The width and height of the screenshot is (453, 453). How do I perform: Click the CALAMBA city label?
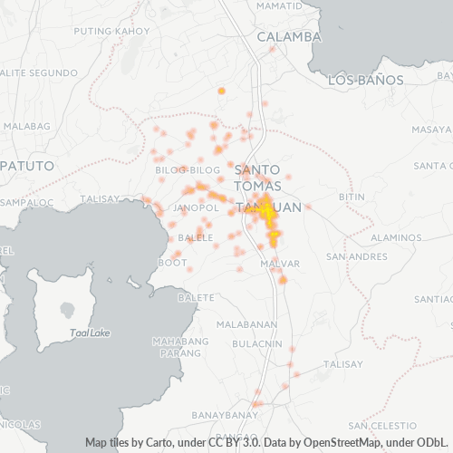click(289, 37)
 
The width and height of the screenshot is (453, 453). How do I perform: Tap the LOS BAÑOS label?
click(365, 80)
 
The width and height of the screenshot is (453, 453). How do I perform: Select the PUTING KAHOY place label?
click(111, 31)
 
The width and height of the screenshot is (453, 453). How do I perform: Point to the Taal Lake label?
click(90, 333)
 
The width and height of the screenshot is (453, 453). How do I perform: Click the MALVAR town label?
click(279, 263)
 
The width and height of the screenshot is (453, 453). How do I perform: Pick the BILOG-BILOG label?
click(188, 169)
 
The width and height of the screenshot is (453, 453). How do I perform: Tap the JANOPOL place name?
click(197, 208)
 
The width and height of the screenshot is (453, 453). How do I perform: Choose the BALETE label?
click(197, 297)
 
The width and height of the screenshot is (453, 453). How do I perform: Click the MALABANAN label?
click(246, 324)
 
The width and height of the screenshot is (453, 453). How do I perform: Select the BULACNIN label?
click(257, 343)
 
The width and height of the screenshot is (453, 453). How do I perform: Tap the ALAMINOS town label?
click(396, 236)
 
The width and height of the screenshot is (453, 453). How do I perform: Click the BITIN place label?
click(351, 197)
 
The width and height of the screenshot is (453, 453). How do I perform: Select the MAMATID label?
click(279, 5)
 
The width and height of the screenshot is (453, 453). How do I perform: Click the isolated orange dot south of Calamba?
click(221, 91)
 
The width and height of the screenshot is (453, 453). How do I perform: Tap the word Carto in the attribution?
click(157, 443)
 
